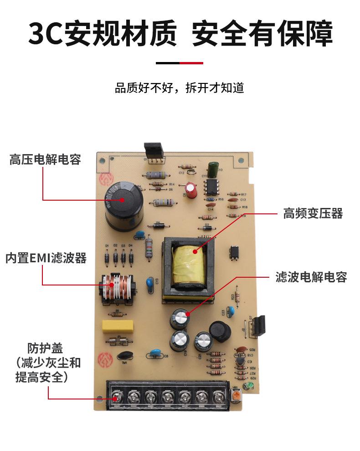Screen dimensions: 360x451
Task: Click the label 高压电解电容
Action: pyautogui.click(x=45, y=160)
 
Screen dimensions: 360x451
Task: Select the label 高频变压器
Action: pyautogui.click(x=313, y=213)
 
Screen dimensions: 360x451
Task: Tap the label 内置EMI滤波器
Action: pyautogui.click(x=46, y=258)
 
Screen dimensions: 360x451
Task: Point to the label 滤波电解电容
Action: pyautogui.click(x=311, y=277)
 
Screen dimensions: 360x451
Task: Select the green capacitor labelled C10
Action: pyautogui.click(x=212, y=168)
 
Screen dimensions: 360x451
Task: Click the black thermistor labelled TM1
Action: pyautogui.click(x=123, y=356)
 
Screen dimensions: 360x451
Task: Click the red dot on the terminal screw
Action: pyautogui.click(x=116, y=399)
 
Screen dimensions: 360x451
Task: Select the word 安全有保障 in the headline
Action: pyautogui.click(x=262, y=33)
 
